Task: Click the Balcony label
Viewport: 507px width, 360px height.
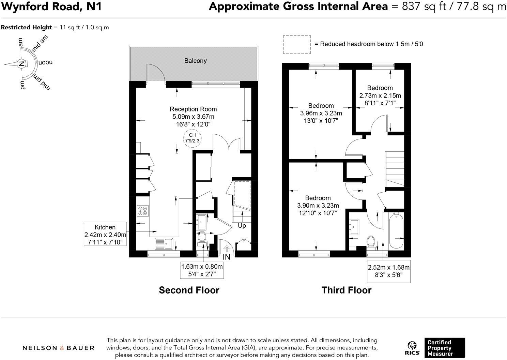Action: (x=195, y=61)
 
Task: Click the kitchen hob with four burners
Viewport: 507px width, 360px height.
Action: (x=142, y=211)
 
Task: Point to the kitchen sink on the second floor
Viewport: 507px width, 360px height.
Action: (x=165, y=243)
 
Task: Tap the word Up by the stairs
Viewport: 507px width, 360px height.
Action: (x=242, y=226)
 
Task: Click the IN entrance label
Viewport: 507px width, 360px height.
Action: (x=227, y=257)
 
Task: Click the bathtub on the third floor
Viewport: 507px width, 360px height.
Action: (x=396, y=231)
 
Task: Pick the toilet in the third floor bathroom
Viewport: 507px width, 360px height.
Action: (x=371, y=242)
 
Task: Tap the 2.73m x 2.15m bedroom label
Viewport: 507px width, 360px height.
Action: (x=380, y=95)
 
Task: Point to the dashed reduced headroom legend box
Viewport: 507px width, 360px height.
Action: (x=296, y=44)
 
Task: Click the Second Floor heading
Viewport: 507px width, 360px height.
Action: (x=189, y=290)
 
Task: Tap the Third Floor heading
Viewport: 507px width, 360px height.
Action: (x=346, y=290)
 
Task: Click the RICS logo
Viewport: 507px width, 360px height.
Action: (x=412, y=348)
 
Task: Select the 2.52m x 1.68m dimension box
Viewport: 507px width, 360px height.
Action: (x=388, y=271)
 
